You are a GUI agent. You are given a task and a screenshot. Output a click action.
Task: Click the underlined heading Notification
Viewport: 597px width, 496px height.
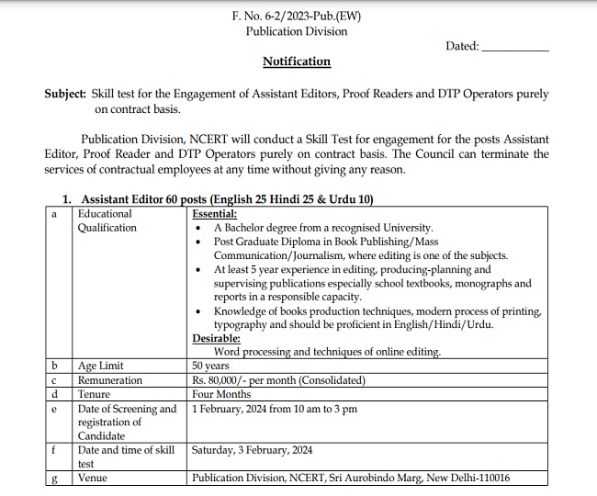point(297,62)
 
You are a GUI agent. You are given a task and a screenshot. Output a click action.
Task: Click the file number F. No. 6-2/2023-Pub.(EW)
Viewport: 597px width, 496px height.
point(297,17)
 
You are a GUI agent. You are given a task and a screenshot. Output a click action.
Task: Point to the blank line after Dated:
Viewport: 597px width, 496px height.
point(514,47)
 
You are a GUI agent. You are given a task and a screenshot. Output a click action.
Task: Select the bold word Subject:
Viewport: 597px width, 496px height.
point(65,95)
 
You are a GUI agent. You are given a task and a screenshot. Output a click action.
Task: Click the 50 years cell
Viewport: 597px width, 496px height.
point(211,366)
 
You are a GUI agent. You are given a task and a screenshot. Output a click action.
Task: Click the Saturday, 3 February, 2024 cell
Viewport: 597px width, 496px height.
point(253,450)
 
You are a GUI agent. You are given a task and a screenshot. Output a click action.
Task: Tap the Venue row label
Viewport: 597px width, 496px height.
point(93,478)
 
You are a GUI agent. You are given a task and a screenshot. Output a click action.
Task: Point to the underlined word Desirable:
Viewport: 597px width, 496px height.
point(216,338)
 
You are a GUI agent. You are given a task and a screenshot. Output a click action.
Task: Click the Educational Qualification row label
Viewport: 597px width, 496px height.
point(107,220)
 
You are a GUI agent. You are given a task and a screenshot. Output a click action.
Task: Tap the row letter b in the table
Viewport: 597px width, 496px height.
point(55,366)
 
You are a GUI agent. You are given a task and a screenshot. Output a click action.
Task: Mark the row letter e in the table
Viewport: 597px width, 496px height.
point(55,409)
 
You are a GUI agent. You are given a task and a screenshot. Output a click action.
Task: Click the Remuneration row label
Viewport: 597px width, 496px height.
point(110,380)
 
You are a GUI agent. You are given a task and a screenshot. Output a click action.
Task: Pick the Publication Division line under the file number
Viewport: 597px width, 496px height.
point(297,31)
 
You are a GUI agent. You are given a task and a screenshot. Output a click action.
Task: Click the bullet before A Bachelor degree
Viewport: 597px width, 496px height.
point(200,228)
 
